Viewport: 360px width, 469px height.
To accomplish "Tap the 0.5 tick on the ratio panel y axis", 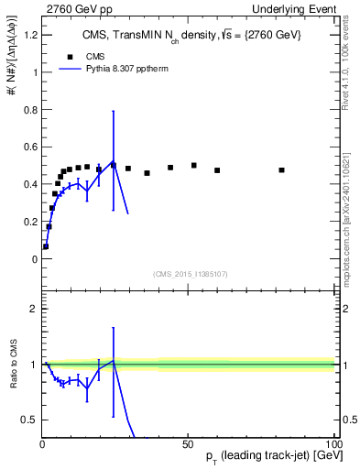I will pos(27,420).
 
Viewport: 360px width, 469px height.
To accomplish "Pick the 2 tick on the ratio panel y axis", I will pos(31,309).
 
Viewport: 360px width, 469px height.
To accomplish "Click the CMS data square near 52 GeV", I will pos(194,165).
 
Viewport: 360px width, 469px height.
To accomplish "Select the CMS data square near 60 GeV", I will pos(217,169).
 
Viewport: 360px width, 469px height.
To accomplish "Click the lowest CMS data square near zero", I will pos(46,246).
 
